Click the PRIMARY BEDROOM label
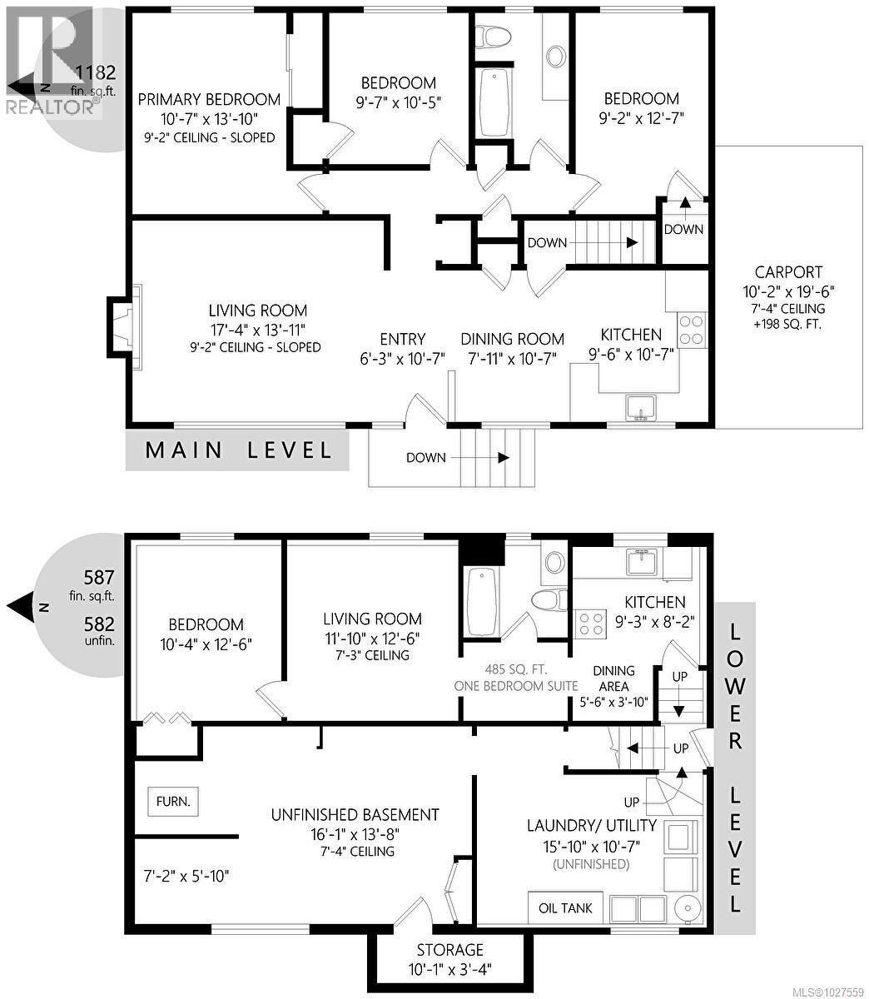tap(209, 99)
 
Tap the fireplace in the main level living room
tap(121, 326)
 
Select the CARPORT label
tap(788, 272)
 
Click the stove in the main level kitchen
tap(691, 329)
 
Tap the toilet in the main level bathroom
tap(492, 36)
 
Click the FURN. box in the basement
tap(173, 803)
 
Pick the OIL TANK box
tap(565, 907)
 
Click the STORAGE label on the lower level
tap(450, 950)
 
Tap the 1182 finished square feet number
tap(95, 72)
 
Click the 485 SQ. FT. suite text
tap(516, 668)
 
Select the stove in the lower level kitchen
tap(591, 624)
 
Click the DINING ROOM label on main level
tap(512, 339)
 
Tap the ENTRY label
tap(403, 339)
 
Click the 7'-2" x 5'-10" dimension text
tap(186, 875)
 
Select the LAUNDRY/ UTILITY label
tap(591, 826)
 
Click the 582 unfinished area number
tap(99, 624)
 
